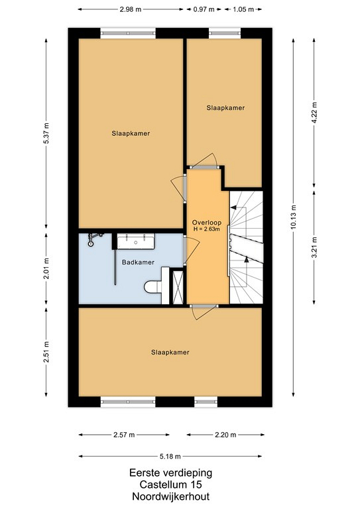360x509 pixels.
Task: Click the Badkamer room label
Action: (138, 262)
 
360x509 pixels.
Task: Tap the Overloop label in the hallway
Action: (207, 223)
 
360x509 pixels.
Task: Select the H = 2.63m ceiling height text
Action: (207, 229)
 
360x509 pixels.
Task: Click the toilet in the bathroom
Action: (153, 287)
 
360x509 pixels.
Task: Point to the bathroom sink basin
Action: (136, 241)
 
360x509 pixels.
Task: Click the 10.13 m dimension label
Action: (293, 217)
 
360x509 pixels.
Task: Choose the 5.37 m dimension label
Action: (46, 134)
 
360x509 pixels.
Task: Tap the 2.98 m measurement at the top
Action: (131, 9)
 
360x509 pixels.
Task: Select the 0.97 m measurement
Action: (204, 9)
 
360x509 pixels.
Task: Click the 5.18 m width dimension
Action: (170, 457)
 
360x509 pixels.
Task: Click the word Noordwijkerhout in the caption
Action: (171, 496)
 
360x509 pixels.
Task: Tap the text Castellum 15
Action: (171, 484)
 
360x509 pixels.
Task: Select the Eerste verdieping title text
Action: (171, 473)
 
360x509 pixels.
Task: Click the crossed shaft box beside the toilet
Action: (178, 287)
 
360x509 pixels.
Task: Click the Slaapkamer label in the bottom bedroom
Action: (170, 352)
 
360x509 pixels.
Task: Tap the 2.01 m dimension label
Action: (46, 268)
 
